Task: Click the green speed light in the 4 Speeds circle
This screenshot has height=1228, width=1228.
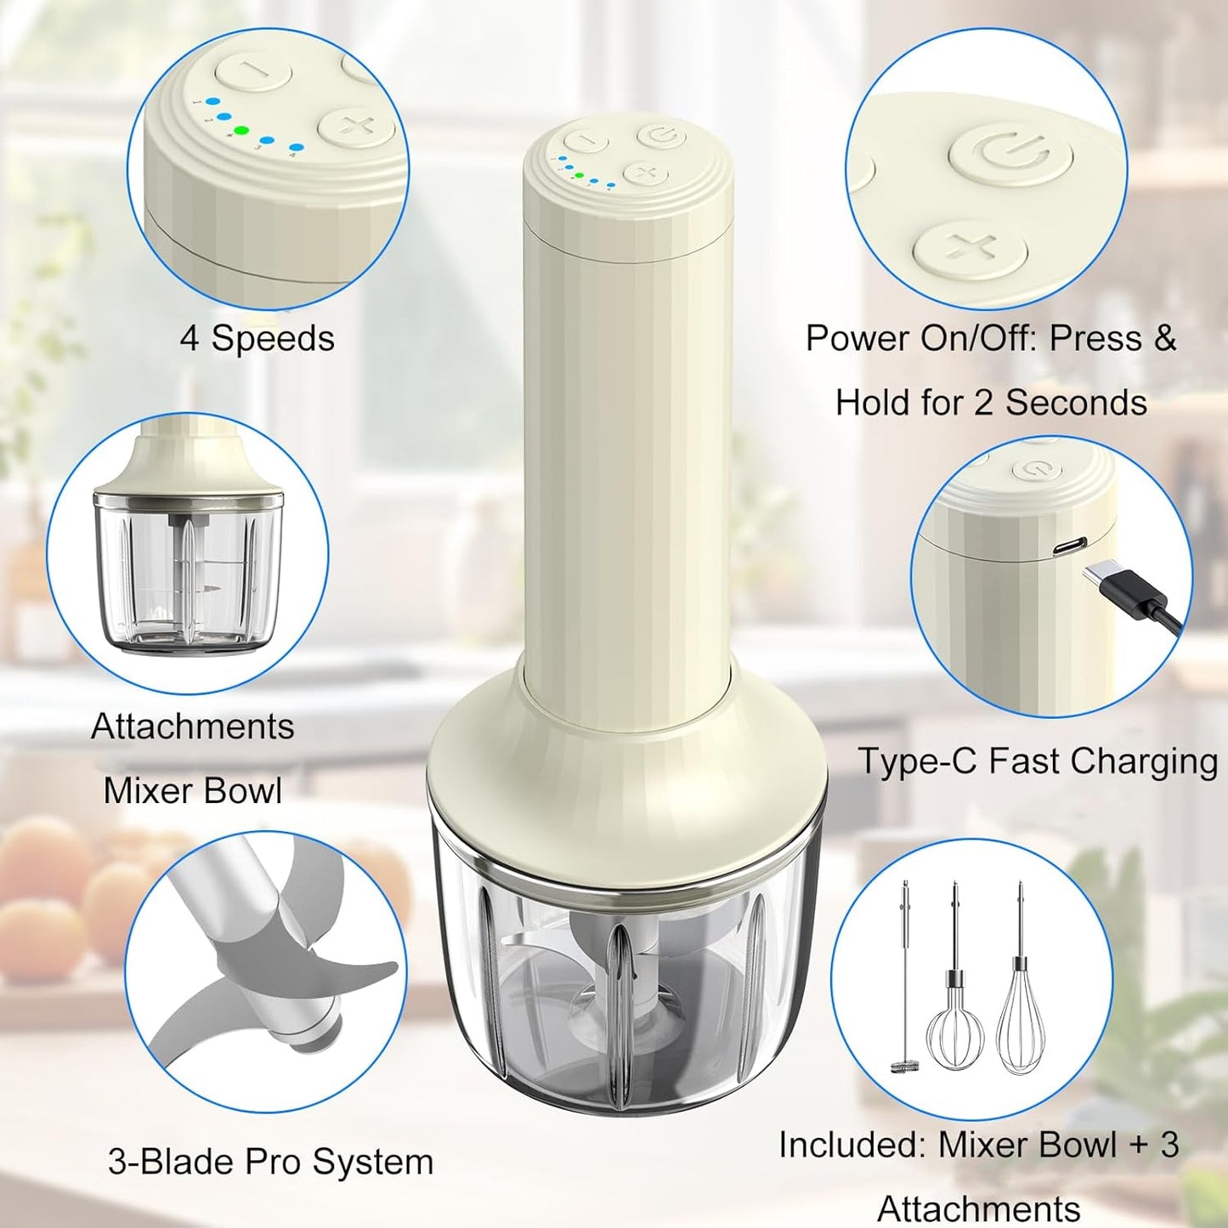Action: [x=241, y=132]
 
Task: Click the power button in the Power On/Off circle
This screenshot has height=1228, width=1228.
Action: [x=1010, y=154]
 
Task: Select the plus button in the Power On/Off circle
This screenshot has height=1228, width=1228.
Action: [x=971, y=250]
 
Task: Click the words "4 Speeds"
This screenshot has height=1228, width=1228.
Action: [x=257, y=338]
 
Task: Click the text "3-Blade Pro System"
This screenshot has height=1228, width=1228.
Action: [x=270, y=1162]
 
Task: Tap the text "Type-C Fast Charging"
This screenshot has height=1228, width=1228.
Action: [x=1037, y=761]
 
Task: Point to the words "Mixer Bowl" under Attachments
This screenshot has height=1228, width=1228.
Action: [x=193, y=791]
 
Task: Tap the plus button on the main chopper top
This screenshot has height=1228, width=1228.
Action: [x=646, y=173]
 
